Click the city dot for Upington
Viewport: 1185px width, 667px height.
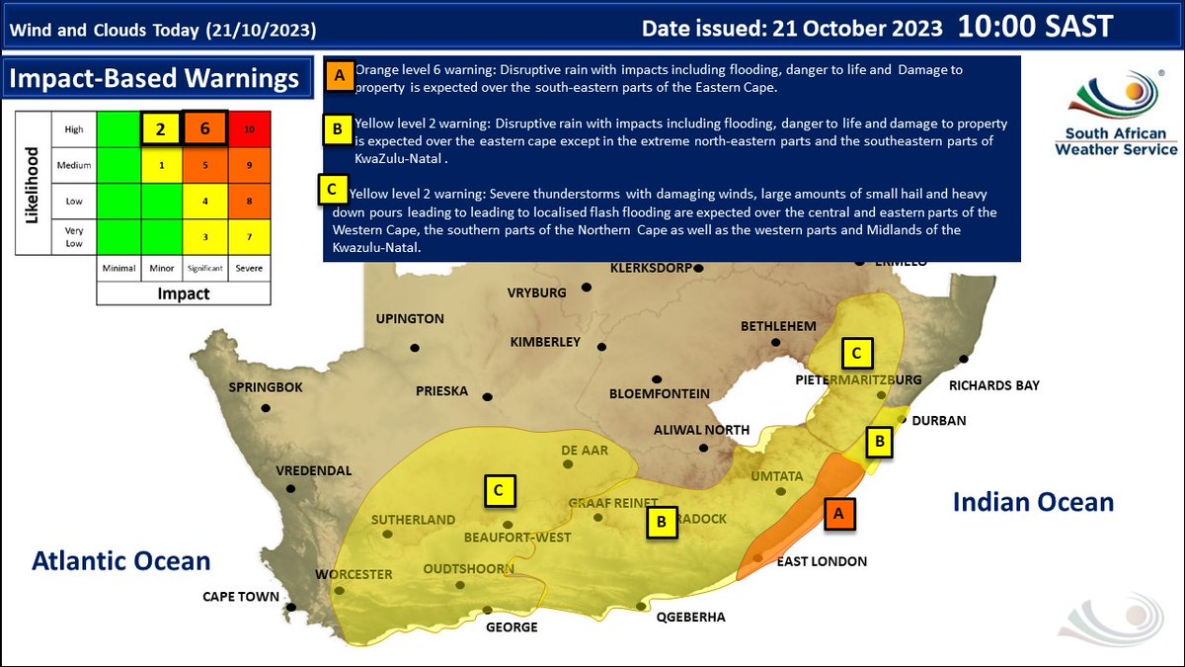pyautogui.click(x=415, y=347)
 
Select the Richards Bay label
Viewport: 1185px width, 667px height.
pyautogui.click(x=993, y=385)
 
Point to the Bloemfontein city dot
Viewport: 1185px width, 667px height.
pyautogui.click(x=656, y=379)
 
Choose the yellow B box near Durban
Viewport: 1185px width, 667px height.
pyautogui.click(x=878, y=442)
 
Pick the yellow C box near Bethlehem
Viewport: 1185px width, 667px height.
pyautogui.click(x=856, y=351)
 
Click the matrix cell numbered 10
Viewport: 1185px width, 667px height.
pyautogui.click(x=249, y=129)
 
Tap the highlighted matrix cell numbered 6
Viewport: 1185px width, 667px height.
pyautogui.click(x=203, y=128)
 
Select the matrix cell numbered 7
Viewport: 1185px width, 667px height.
pyautogui.click(x=249, y=237)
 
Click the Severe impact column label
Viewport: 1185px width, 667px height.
pyautogui.click(x=249, y=268)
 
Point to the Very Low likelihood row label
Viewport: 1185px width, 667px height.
pyautogui.click(x=74, y=237)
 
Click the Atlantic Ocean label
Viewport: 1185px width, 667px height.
pyautogui.click(x=121, y=561)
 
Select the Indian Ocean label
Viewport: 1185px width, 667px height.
pyautogui.click(x=1033, y=502)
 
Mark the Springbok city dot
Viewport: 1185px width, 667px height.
pyautogui.click(x=265, y=408)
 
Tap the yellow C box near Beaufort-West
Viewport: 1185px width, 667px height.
pyautogui.click(x=500, y=488)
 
